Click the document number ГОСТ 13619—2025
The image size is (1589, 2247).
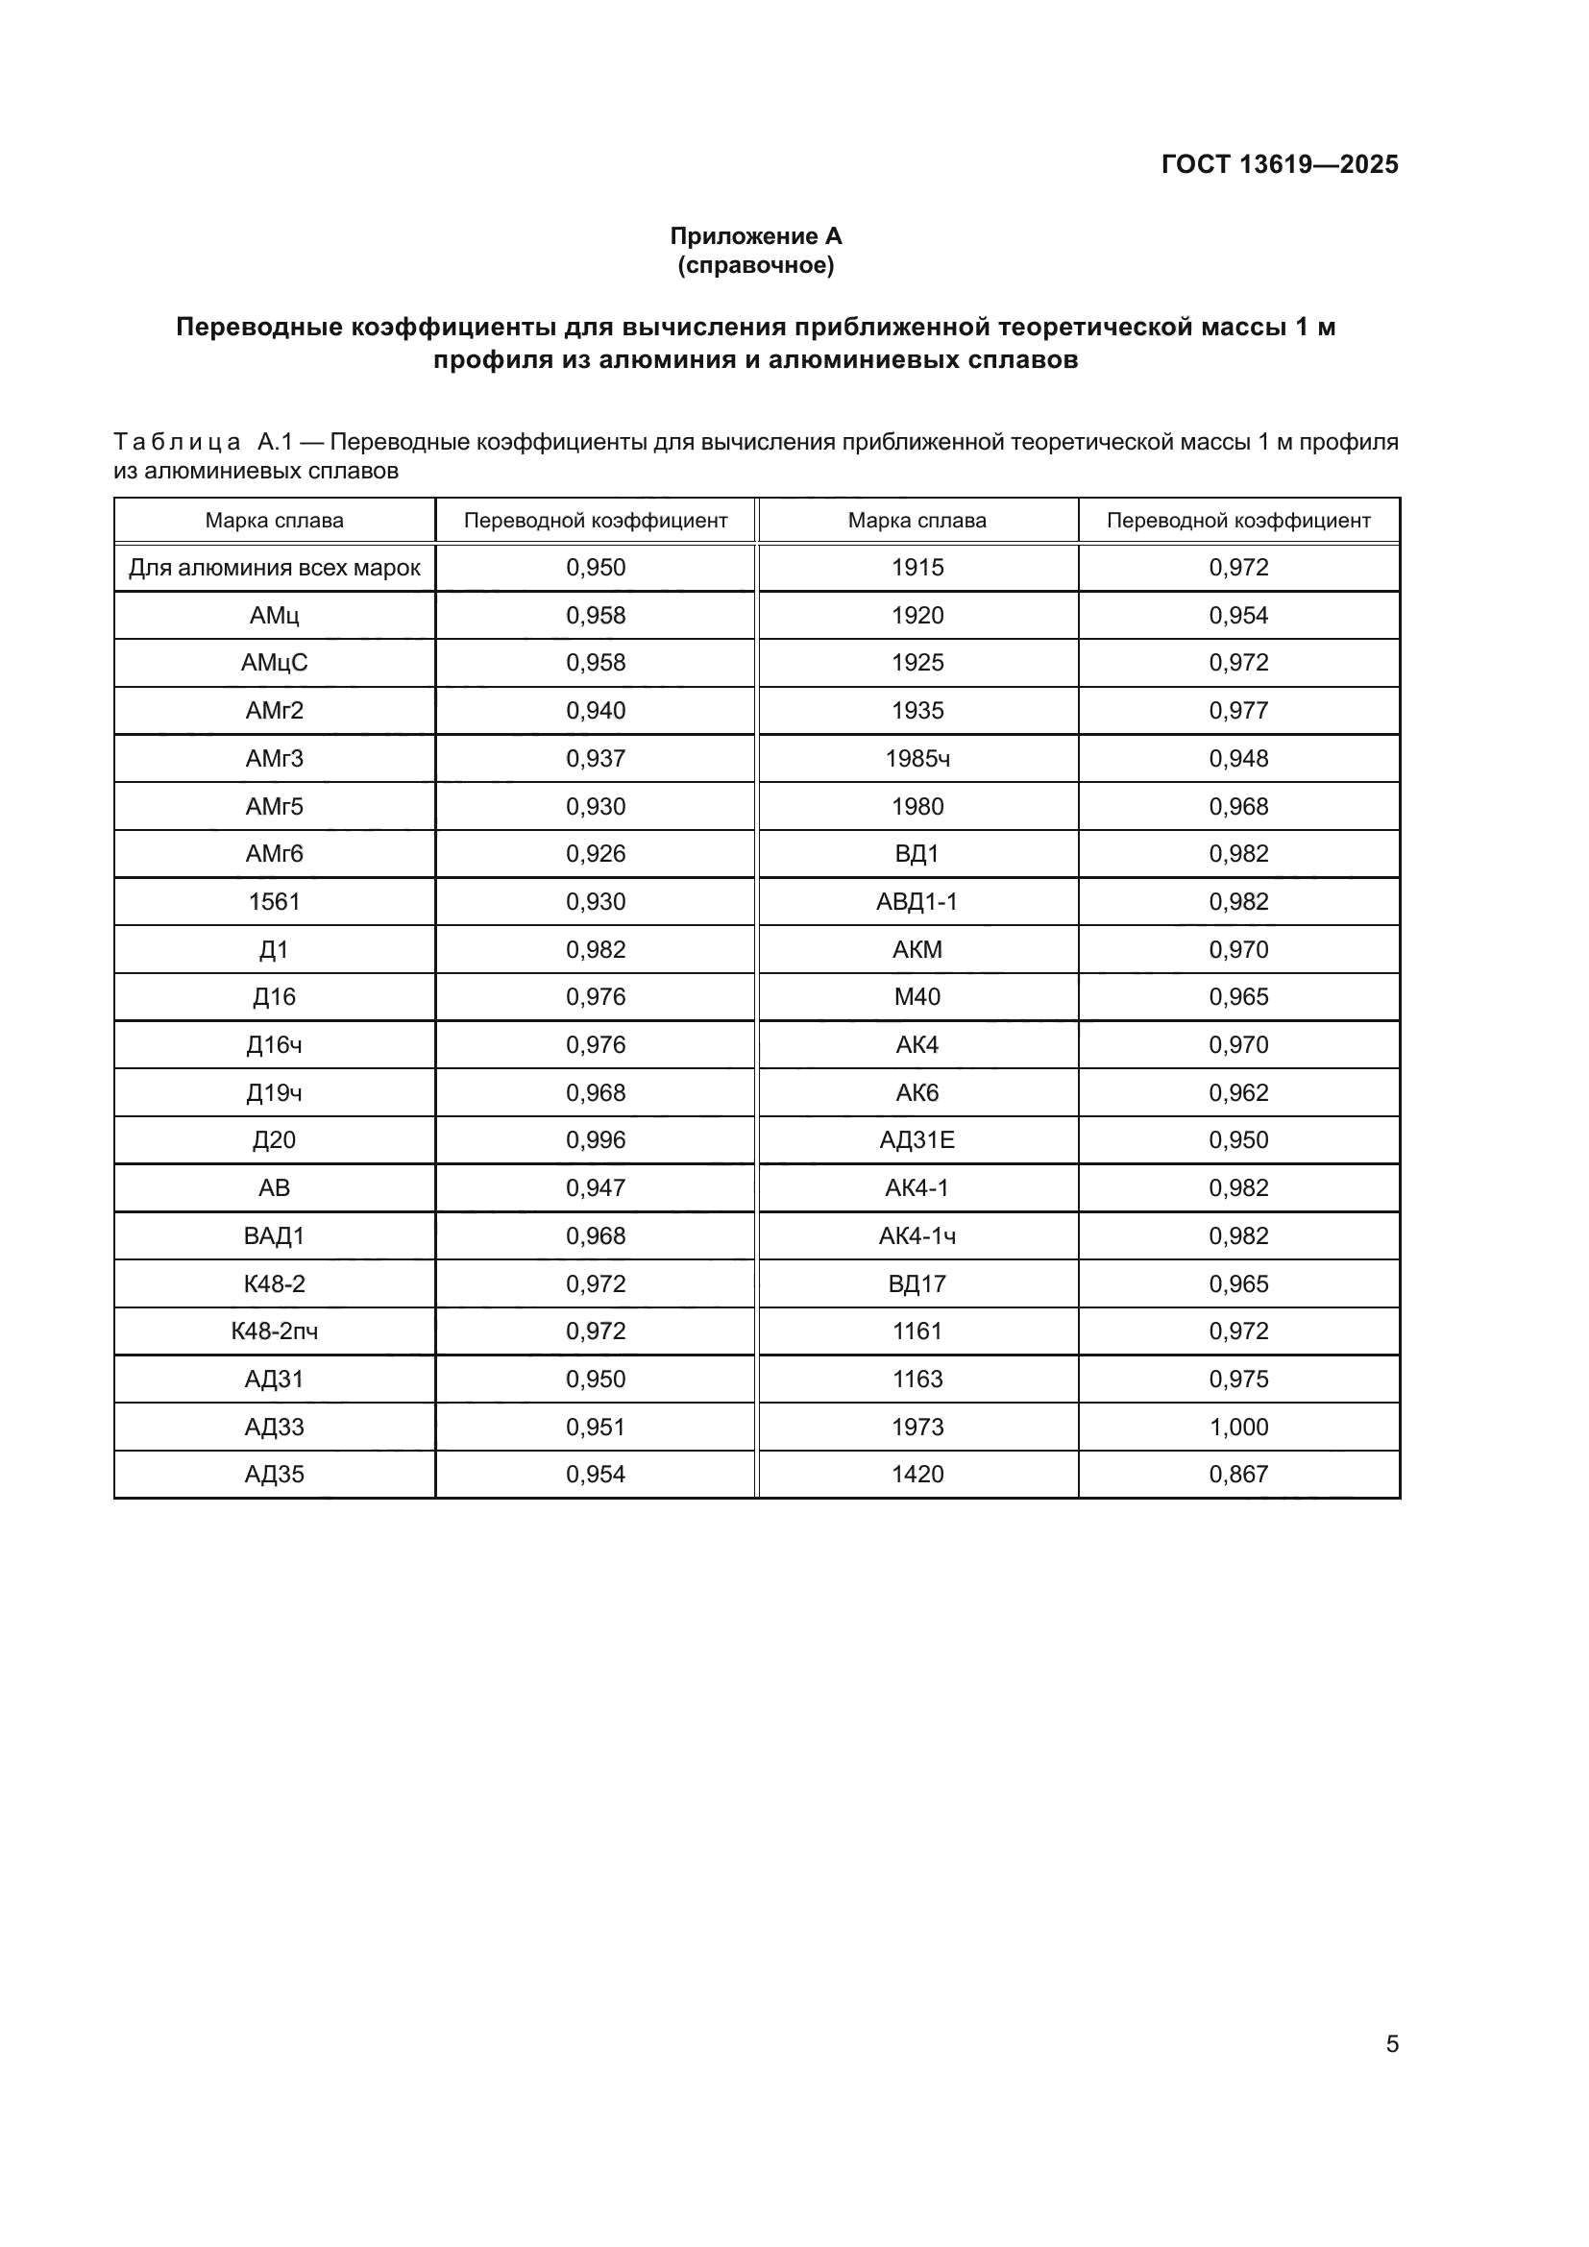click(x=1279, y=164)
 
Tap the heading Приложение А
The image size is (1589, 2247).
click(x=755, y=236)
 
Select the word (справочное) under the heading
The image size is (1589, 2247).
click(x=755, y=265)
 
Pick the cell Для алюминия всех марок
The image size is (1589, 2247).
click(x=274, y=568)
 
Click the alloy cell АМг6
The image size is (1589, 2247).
click(x=274, y=853)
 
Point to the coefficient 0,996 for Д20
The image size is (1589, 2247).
click(x=595, y=1139)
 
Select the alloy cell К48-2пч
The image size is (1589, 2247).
click(x=274, y=1331)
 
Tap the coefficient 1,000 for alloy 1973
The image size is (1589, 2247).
click(x=1237, y=1427)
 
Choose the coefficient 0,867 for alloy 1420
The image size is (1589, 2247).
click(x=1237, y=1474)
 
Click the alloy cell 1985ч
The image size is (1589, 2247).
click(x=917, y=759)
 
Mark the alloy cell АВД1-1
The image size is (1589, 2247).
click(x=917, y=901)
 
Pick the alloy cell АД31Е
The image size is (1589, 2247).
click(x=917, y=1139)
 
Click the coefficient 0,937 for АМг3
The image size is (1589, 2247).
click(x=595, y=759)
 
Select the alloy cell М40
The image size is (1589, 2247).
click(x=917, y=996)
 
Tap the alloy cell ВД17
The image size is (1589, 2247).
click(x=917, y=1283)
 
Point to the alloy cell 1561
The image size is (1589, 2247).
click(x=274, y=901)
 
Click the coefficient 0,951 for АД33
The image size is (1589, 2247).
click(x=595, y=1427)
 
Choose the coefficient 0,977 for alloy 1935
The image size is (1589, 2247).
click(x=1237, y=711)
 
